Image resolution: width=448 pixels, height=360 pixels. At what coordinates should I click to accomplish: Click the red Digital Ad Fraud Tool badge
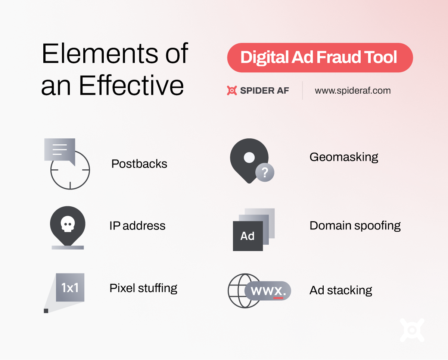320,57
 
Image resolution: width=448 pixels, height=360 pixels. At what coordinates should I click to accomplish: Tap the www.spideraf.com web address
353,91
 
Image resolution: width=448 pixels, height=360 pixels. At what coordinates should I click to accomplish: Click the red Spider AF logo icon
232,91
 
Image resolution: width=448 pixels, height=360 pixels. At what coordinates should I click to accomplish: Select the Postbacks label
139,163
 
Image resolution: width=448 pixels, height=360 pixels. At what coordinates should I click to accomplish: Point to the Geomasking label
344,157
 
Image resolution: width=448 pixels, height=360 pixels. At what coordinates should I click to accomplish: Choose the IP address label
137,226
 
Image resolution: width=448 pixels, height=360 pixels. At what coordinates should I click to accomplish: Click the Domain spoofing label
355,226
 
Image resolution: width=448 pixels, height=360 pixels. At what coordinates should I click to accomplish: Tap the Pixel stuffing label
143,288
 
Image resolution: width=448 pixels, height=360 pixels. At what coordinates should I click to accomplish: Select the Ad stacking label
340,290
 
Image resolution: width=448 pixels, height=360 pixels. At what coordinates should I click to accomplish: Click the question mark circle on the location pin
265,172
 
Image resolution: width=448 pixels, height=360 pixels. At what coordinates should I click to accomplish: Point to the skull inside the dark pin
68,224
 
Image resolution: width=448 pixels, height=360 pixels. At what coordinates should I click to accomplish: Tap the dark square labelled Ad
248,236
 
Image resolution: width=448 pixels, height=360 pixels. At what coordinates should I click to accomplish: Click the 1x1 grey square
70,287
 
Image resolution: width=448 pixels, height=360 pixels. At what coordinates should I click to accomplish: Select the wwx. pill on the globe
268,291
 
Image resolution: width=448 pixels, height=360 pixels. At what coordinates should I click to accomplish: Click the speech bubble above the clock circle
60,150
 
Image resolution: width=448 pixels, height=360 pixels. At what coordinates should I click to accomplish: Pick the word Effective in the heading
131,85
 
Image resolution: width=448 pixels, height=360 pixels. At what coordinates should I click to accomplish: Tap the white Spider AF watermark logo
412,330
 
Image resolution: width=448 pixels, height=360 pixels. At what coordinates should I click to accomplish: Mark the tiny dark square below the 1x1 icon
46,311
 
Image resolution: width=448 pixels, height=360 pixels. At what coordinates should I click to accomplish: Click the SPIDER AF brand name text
264,91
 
